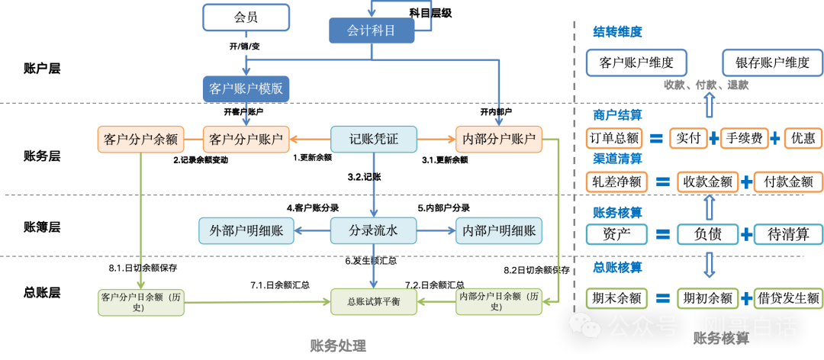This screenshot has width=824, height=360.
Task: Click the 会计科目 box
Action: [372, 31]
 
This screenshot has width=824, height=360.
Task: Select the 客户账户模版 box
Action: [246, 88]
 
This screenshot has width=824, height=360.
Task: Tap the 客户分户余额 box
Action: [140, 140]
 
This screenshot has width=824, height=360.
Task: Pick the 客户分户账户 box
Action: [246, 140]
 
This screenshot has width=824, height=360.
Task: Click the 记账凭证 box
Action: [374, 140]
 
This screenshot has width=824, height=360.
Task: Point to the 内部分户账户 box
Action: [499, 140]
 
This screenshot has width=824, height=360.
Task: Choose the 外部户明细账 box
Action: [246, 230]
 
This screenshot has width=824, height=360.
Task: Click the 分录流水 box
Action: [374, 230]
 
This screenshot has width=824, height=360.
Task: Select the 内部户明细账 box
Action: [499, 230]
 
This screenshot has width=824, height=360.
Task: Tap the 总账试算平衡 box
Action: [374, 302]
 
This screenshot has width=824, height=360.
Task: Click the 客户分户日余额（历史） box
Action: [140, 301]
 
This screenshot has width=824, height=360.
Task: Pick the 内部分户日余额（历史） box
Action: [499, 301]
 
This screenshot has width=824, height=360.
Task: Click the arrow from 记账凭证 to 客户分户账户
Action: [310, 140]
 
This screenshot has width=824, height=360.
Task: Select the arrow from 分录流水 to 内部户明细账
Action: [436, 230]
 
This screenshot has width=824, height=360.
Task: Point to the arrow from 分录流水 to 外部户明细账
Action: [312, 230]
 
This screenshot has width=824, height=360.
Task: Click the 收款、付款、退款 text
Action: [706, 85]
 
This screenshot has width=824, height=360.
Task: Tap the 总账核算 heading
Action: [617, 268]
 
